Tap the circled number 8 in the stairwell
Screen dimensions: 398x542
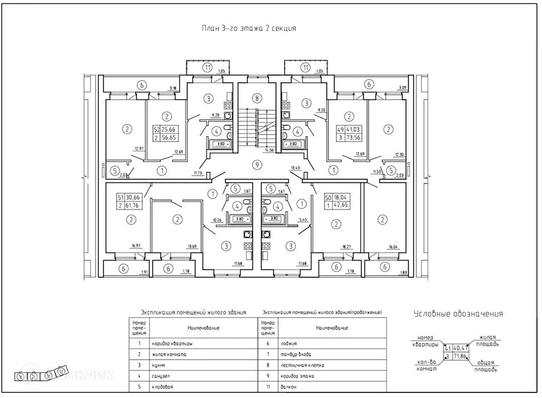click(256, 99)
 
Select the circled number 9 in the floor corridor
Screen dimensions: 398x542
click(256, 164)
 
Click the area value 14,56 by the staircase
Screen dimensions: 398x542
click(271, 150)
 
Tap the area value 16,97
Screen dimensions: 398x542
click(133, 246)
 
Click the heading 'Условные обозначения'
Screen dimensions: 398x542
click(458, 314)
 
